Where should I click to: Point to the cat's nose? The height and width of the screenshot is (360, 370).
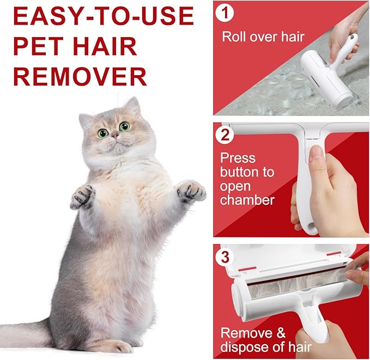(x=115, y=135)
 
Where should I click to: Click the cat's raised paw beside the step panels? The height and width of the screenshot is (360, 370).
(x=191, y=191)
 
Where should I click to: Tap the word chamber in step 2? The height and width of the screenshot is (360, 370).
(x=247, y=200)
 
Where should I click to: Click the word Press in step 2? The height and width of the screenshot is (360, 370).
(x=238, y=158)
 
